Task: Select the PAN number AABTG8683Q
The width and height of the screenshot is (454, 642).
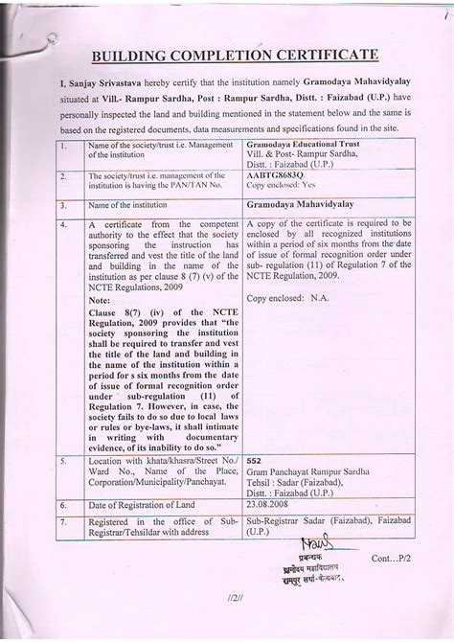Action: click(x=277, y=176)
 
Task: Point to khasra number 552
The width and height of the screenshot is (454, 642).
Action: click(x=255, y=460)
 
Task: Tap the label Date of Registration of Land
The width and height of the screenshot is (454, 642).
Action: click(x=142, y=504)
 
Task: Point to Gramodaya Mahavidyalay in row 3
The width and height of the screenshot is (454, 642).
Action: click(x=300, y=205)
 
